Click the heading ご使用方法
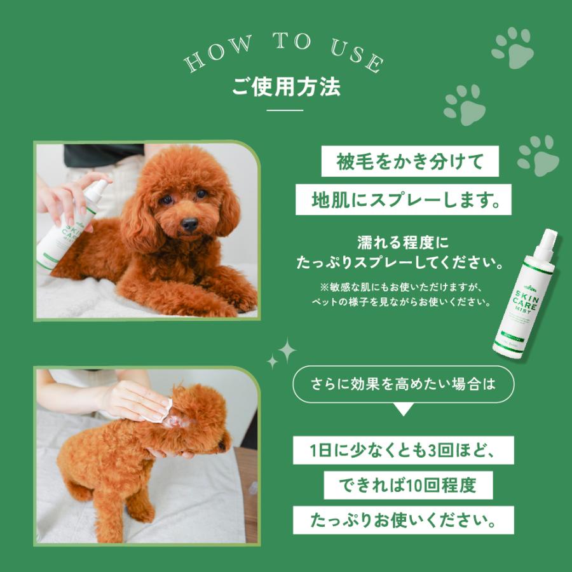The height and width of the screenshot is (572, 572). pyautogui.click(x=285, y=87)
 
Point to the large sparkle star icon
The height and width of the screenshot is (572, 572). pyautogui.click(x=285, y=351)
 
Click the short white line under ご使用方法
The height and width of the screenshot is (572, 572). pyautogui.click(x=285, y=111)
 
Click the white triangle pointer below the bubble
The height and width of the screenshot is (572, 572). pyautogui.click(x=404, y=410)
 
